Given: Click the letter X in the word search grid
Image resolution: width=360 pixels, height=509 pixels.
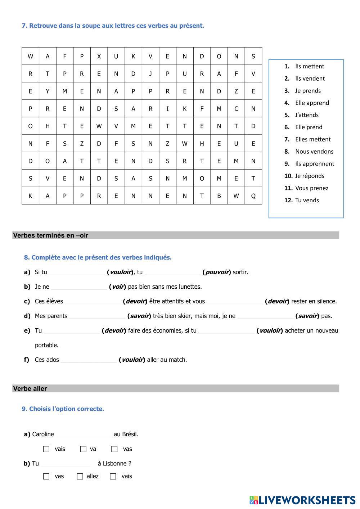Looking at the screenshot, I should coord(99,56).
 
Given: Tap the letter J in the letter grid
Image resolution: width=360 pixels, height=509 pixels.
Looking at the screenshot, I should coord(150,74).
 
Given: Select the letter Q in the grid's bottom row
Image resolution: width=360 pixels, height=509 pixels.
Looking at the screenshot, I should coord(253,196).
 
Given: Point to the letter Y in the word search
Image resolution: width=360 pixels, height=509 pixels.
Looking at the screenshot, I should coord(48,91).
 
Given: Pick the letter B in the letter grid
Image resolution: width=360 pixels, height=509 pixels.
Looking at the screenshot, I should coord(219,196).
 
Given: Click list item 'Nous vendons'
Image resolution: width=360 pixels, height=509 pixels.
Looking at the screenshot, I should coord(314,152).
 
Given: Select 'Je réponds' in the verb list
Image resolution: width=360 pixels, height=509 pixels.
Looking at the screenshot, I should coord(310,176).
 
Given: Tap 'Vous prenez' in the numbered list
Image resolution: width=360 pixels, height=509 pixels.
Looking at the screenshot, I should coord(311,188).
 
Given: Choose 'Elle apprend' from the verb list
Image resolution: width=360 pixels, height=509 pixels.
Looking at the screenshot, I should coord(312,103).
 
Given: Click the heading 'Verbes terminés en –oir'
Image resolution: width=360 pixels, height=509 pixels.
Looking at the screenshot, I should coord(51,235).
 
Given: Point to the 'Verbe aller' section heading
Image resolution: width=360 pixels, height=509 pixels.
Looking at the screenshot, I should coord(30,389).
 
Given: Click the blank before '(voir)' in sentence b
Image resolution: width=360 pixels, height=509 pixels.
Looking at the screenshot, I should coord(79,287).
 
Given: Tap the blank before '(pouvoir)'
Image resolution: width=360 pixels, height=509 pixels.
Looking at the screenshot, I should coord(172,272).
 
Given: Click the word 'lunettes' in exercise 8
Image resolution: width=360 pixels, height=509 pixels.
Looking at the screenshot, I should coord(190,287).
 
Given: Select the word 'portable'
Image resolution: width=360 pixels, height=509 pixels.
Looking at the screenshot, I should coord(46,345).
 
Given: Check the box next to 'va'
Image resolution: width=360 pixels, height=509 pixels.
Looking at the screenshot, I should coord(83,449).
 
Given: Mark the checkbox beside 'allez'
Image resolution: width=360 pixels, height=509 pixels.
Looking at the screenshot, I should coord(80,476).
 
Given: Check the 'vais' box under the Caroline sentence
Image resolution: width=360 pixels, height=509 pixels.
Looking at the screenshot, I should coord(46,449).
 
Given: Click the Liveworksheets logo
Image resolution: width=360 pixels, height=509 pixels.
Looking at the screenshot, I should coord(302,500).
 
